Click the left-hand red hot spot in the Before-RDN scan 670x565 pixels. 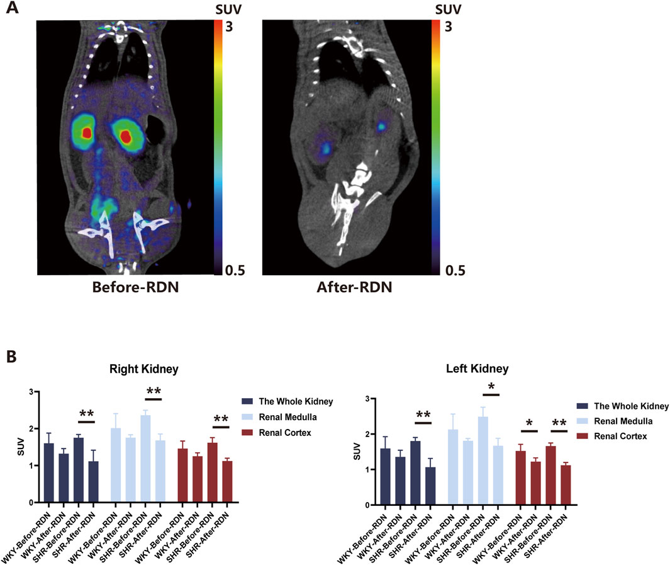tap(86, 134)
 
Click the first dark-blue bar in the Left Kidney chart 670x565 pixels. tap(381, 476)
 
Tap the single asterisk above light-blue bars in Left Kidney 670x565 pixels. tap(491, 387)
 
